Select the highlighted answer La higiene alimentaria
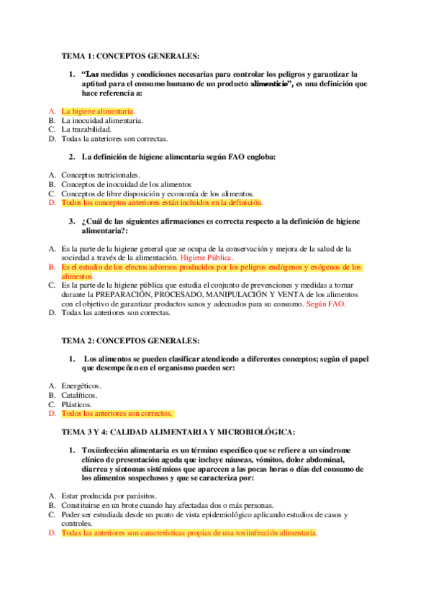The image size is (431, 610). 98,111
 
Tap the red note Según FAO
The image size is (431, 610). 326,304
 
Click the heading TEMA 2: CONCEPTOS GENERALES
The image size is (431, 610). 130,340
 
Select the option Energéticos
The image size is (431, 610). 81,386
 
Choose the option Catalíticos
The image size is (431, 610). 80,395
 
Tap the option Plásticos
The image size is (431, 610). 78,404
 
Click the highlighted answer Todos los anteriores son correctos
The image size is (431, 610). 117,414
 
